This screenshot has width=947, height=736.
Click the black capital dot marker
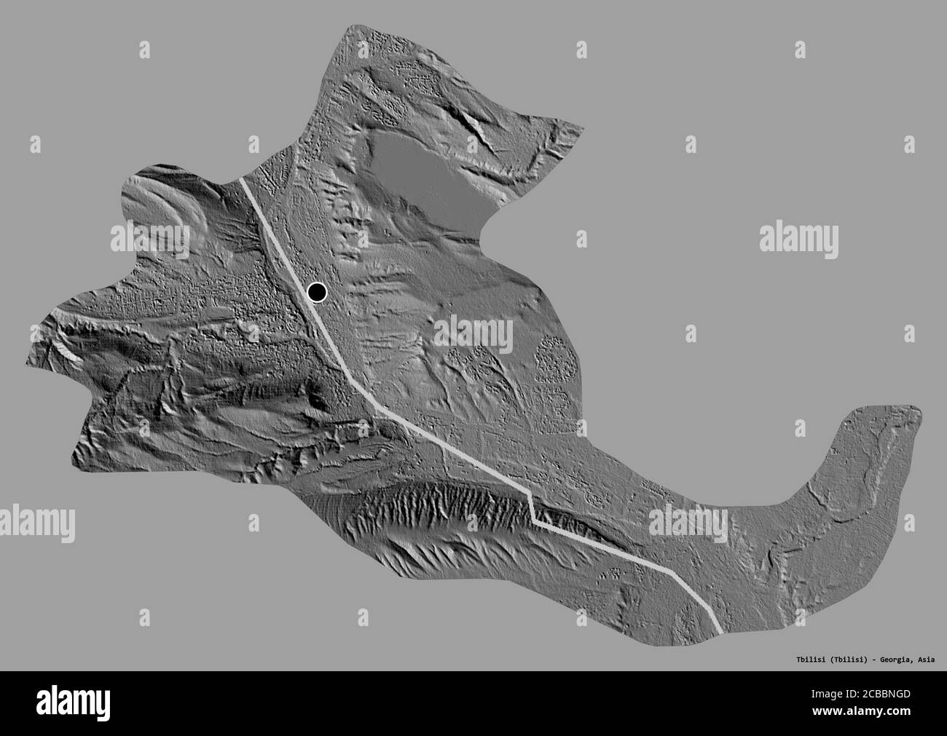(x=317, y=293)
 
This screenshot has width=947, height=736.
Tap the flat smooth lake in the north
(x=423, y=171)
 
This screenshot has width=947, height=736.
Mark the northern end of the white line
(x=243, y=179)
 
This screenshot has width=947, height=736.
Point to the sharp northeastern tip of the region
(x=582, y=130)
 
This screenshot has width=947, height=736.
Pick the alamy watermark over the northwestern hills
(x=150, y=237)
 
